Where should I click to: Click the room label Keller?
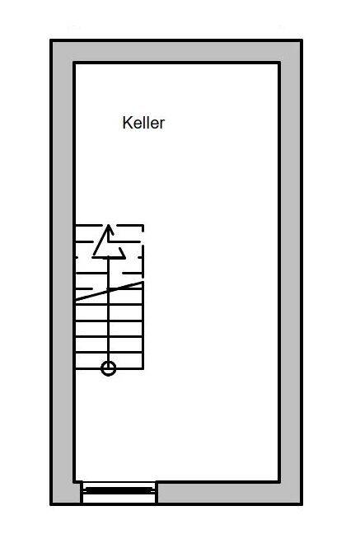point(143,123)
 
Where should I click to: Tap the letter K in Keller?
point(127,123)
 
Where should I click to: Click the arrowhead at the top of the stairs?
point(109,241)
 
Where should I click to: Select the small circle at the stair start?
point(109,368)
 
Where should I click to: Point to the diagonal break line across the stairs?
point(109,291)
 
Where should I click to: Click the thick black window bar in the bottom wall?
point(119,490)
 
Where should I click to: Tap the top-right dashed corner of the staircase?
point(143,226)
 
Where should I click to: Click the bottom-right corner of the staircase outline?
point(143,368)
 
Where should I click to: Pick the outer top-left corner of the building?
point(51,40)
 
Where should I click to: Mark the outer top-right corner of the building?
point(302,40)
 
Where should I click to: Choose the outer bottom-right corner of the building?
point(302,504)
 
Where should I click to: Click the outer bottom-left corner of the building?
point(51,504)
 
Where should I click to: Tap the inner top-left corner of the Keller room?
point(74,63)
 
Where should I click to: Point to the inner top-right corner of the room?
point(279,63)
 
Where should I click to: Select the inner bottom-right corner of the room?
point(279,481)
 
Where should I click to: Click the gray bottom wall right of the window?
point(229,493)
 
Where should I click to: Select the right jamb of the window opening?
point(157,493)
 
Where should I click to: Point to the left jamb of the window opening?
point(82,493)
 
